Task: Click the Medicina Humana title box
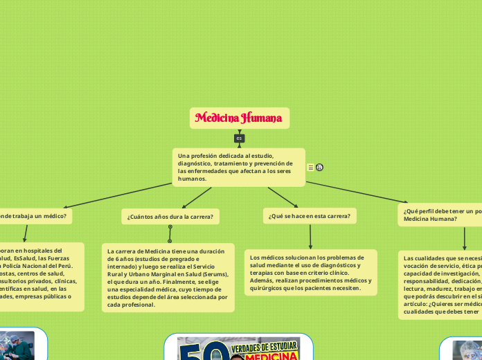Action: (239, 118)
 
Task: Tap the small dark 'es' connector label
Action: (239, 138)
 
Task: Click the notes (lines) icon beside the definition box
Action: (310, 167)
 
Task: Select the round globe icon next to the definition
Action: (319, 167)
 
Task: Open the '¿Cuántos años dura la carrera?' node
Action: (170, 217)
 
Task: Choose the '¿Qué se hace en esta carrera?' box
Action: (310, 216)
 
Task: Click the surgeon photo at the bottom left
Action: (15, 345)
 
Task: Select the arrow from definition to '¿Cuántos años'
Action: (197, 197)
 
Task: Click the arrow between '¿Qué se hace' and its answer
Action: (310, 236)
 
